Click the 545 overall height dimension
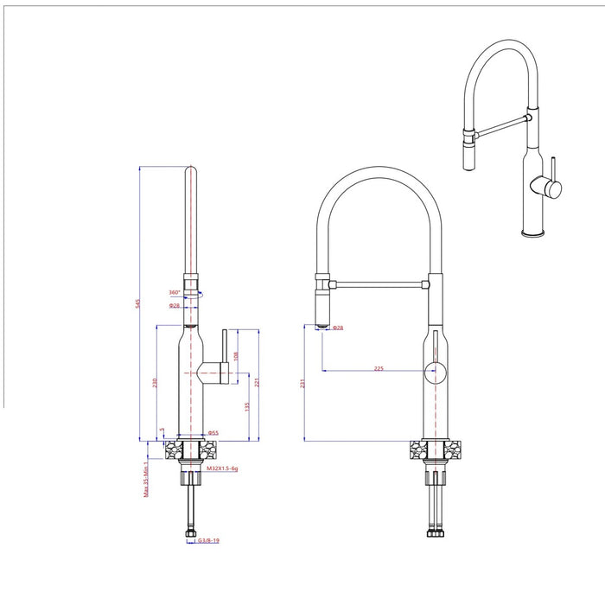(x=137, y=303)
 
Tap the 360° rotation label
(x=174, y=292)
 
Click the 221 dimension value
(x=257, y=382)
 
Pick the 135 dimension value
(x=247, y=406)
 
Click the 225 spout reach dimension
(x=379, y=369)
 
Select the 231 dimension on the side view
(x=303, y=382)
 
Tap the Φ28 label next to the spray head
(x=339, y=328)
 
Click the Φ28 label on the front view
(x=174, y=306)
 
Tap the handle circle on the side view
(x=435, y=373)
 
